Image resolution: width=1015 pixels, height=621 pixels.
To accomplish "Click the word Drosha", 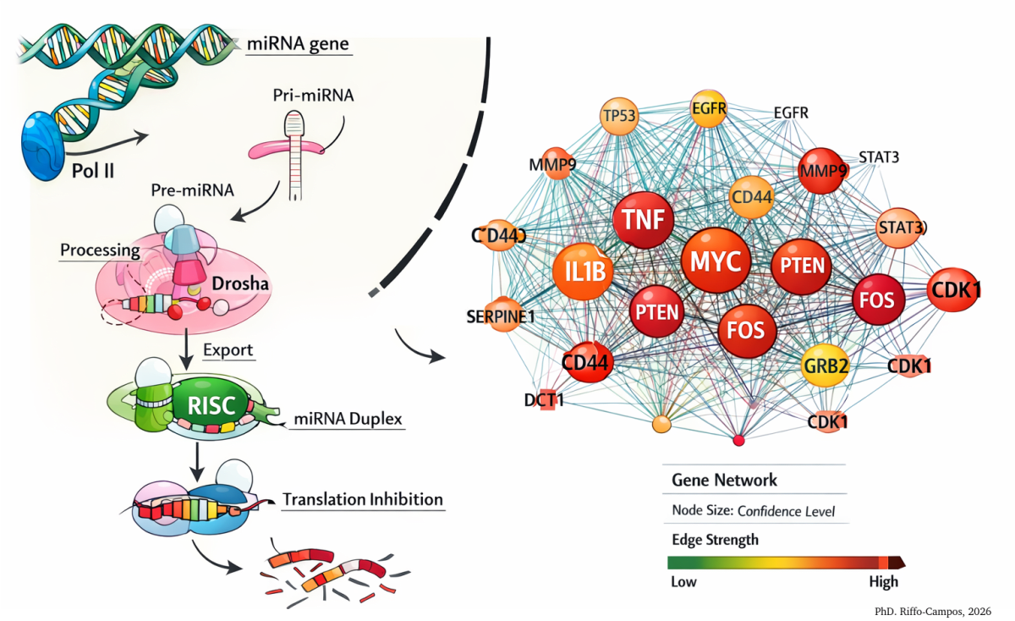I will [x=241, y=283].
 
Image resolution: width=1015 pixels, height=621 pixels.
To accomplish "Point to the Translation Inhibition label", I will [x=363, y=499].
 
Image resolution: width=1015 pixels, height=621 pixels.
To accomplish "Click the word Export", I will [x=228, y=349].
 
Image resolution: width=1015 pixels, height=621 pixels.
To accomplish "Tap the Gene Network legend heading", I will [x=724, y=480].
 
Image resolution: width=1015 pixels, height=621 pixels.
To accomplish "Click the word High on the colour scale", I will [x=883, y=582].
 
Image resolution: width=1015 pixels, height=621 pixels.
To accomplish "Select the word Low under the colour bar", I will [x=685, y=582].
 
